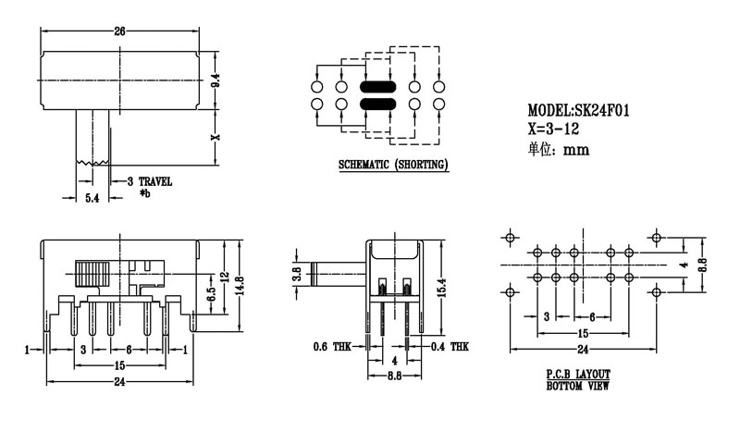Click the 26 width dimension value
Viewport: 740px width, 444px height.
[119, 31]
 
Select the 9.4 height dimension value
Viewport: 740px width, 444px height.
[216, 81]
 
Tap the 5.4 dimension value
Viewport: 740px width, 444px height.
[92, 199]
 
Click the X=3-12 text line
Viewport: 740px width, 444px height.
[555, 130]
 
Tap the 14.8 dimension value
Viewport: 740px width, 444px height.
[238, 283]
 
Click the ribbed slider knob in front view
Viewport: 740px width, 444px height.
[92, 274]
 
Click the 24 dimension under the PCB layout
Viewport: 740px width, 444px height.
[583, 349]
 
